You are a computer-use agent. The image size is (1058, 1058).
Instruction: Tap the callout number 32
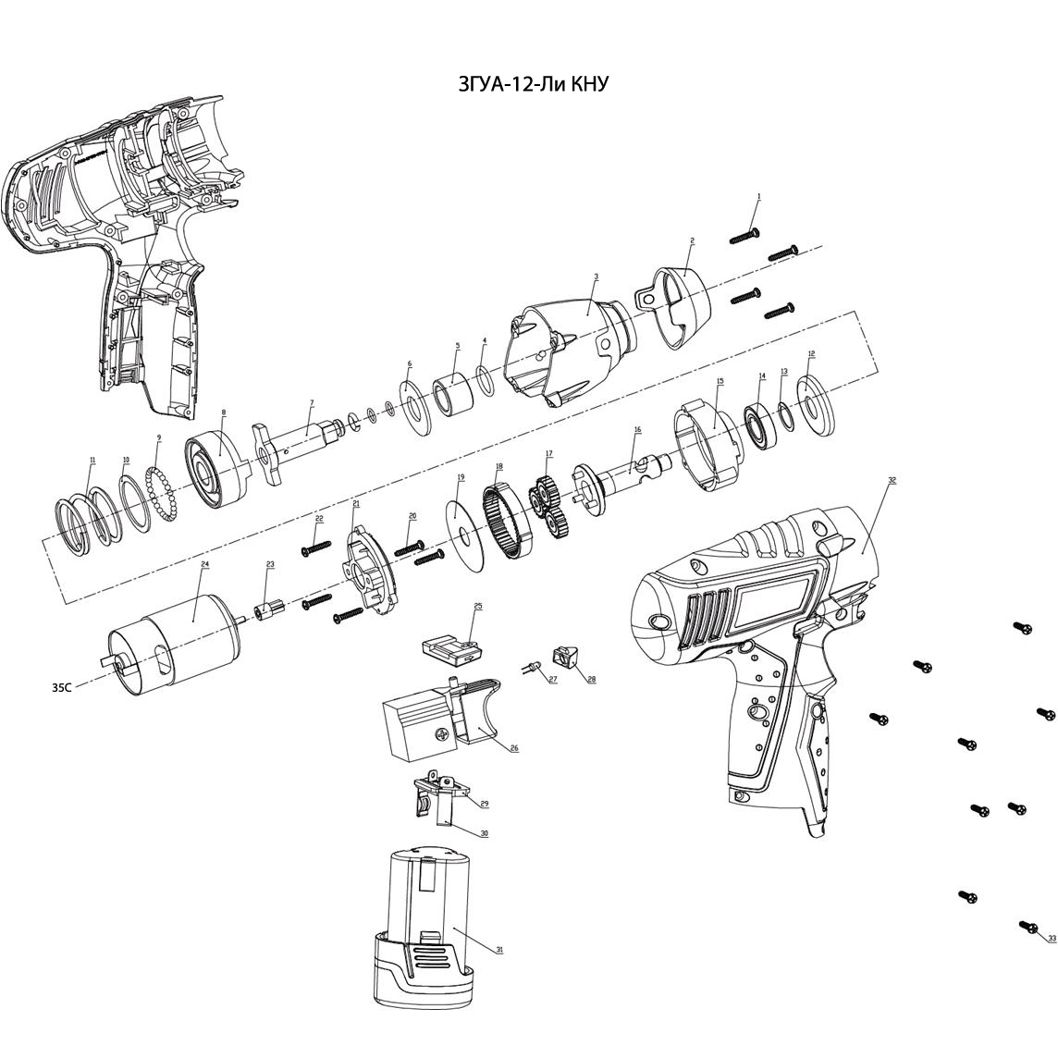(892, 481)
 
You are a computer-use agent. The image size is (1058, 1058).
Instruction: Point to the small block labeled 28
(566, 658)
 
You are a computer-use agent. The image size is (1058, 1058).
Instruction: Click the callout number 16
(637, 431)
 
